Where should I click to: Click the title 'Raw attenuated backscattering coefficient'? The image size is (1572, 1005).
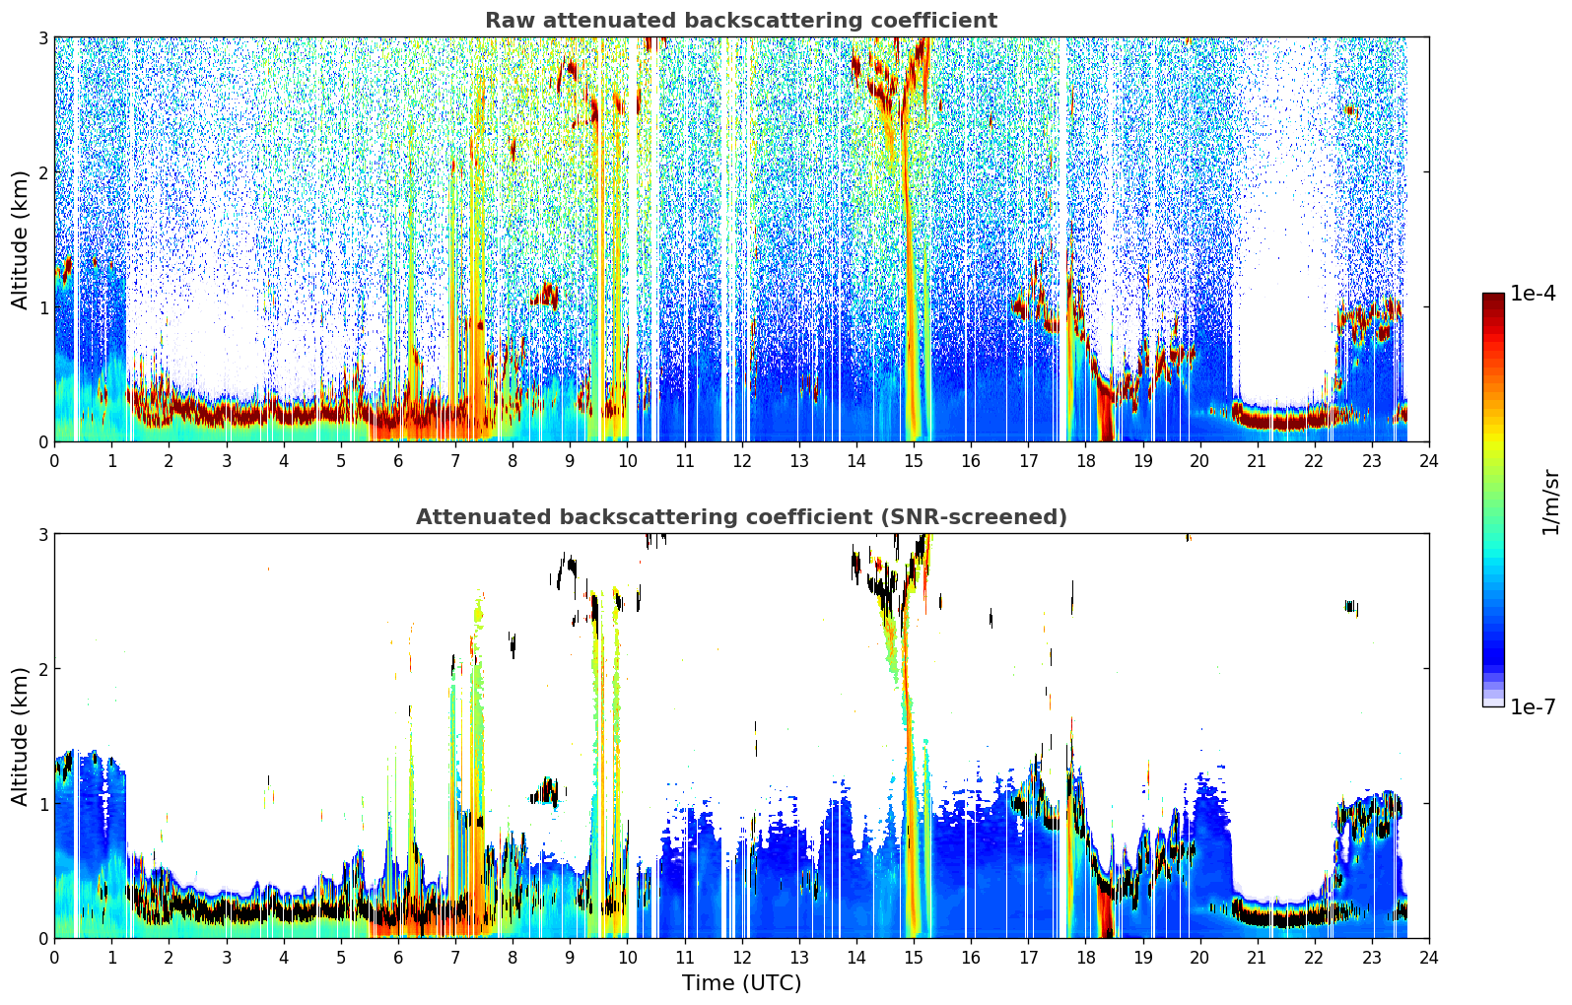tap(741, 21)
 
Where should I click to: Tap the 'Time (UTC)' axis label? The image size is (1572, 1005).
tap(741, 983)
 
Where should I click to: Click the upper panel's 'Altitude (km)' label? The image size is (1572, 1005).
tap(20, 239)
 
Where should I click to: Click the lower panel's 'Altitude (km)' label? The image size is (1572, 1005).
tap(20, 736)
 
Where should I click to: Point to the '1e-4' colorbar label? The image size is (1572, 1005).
tap(1533, 294)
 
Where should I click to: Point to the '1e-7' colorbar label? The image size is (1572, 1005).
tap(1533, 707)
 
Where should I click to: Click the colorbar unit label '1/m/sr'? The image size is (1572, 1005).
tap(1550, 502)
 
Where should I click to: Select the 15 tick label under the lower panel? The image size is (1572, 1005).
tap(913, 958)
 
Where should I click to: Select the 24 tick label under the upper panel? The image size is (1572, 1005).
tap(1429, 461)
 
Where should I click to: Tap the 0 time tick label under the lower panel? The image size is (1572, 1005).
tap(55, 958)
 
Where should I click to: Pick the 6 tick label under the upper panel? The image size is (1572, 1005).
tap(398, 461)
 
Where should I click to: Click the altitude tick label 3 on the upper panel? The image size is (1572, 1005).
tap(42, 37)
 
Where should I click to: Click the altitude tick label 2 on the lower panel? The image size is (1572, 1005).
tap(42, 670)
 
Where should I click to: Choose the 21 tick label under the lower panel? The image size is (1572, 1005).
tap(1257, 958)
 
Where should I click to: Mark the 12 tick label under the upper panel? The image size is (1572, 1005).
tap(742, 461)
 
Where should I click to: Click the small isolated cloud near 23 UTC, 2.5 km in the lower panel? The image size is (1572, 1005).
tap(1351, 607)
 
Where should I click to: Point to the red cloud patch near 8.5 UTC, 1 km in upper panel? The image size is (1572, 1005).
tap(545, 296)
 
